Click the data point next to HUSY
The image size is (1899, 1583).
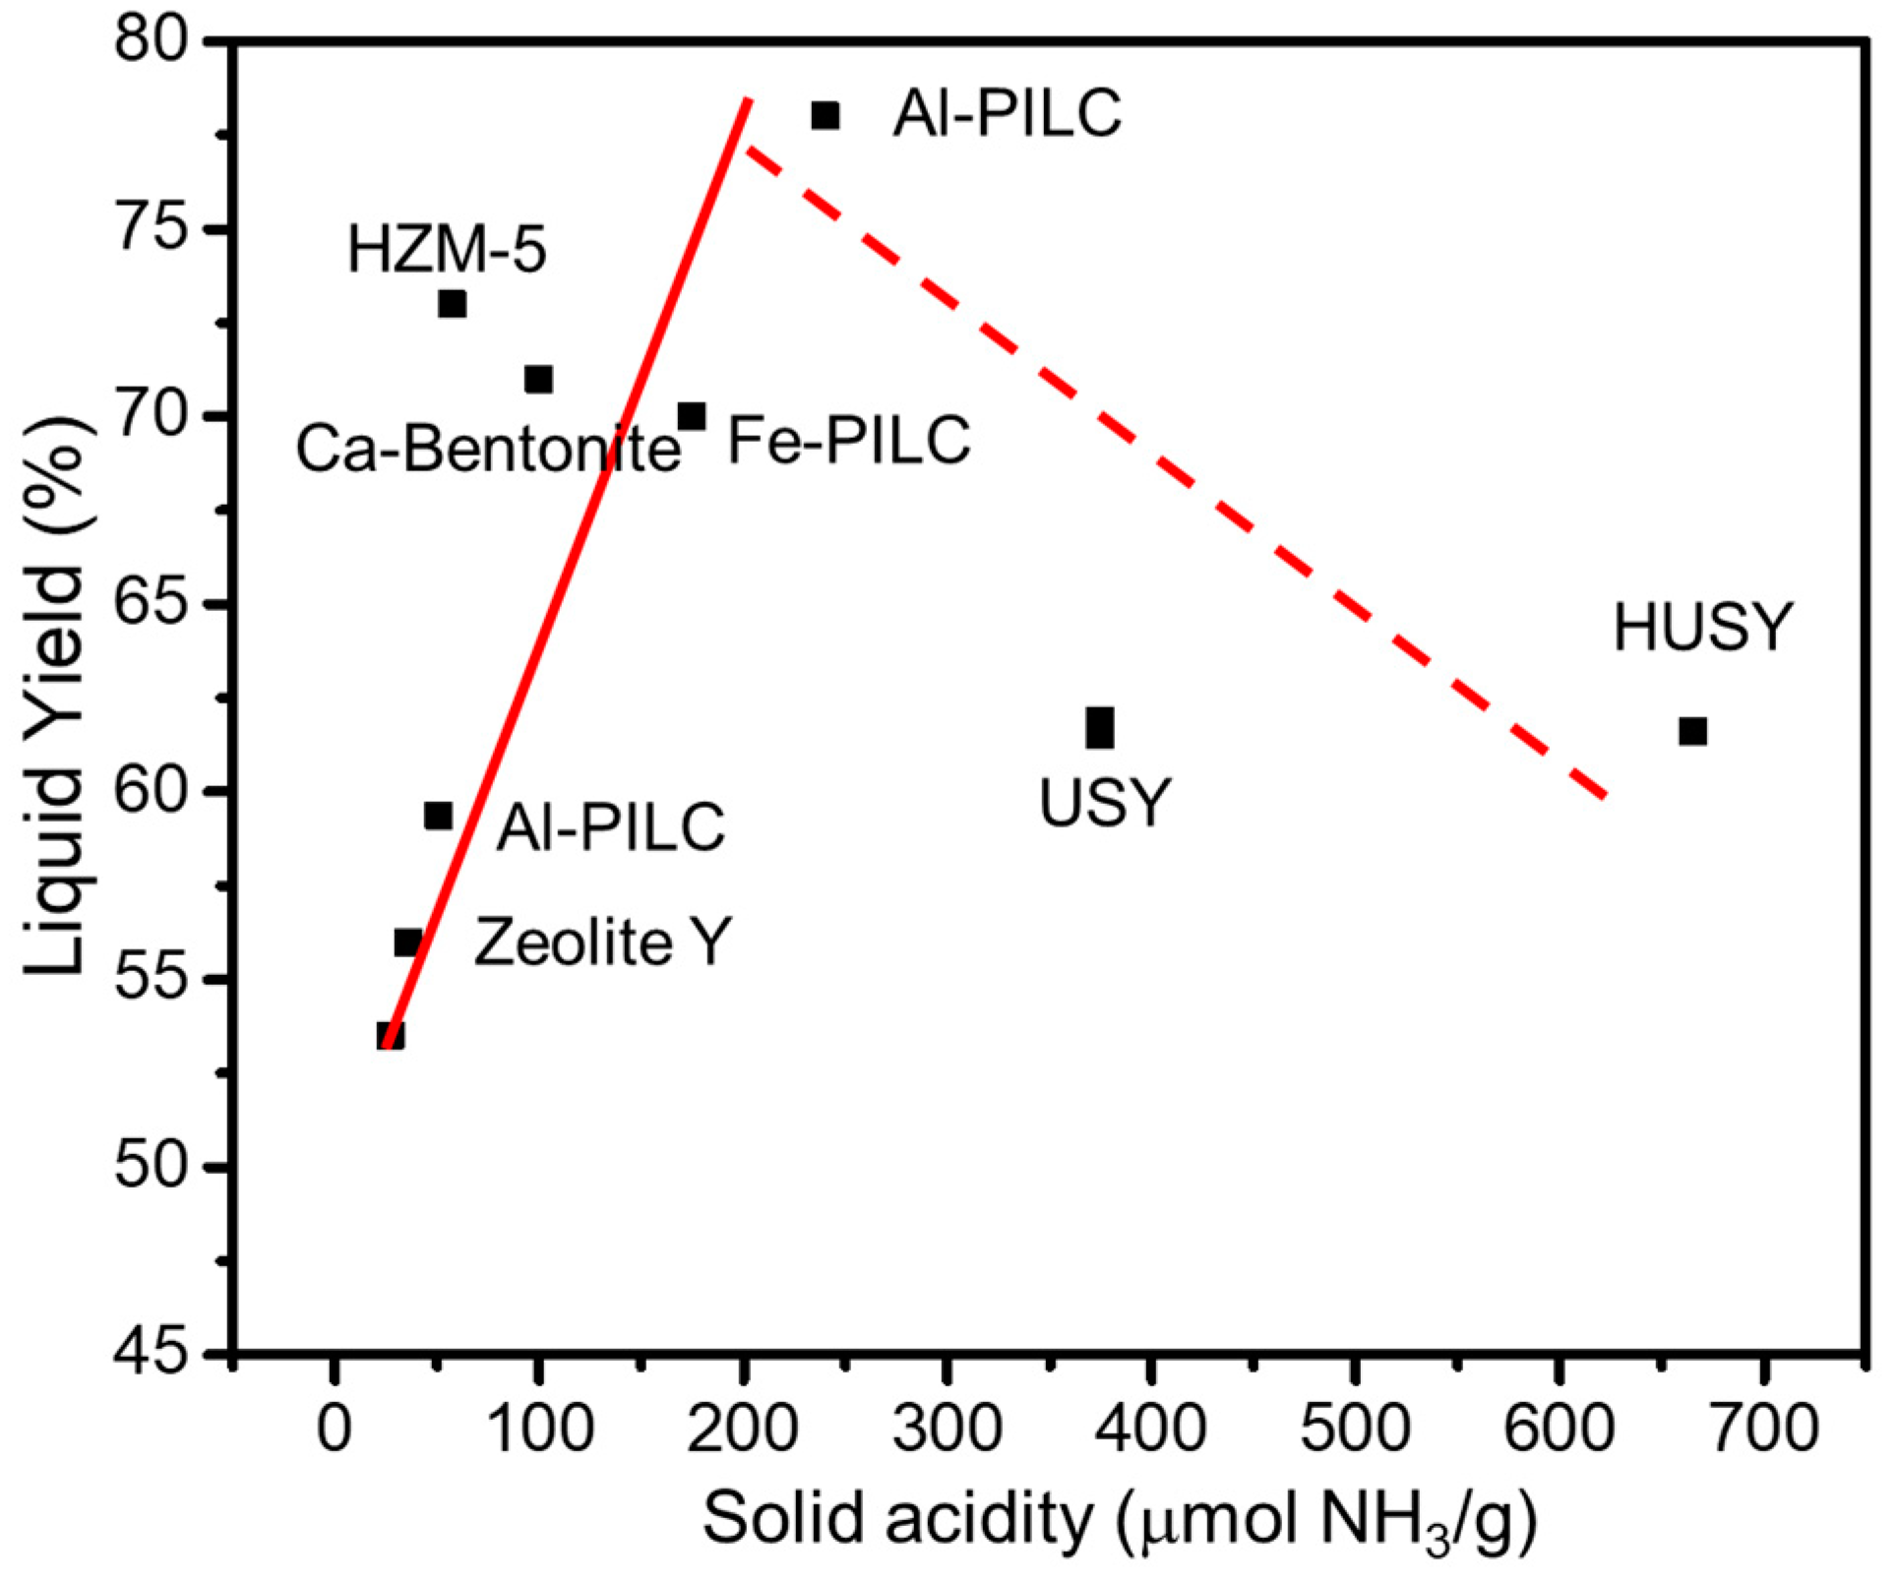[x=1692, y=732]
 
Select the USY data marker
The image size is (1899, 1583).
[x=1100, y=728]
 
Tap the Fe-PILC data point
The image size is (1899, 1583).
[x=692, y=417]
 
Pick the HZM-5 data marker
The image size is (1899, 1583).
[x=452, y=304]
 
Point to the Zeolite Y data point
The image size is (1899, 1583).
[x=407, y=943]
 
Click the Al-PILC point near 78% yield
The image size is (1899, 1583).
[x=826, y=115]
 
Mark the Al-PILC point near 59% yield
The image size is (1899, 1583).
[x=438, y=816]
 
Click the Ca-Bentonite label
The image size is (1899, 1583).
[x=488, y=450]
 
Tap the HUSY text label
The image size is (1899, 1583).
[x=1702, y=627]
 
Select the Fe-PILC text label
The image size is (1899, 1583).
[x=848, y=440]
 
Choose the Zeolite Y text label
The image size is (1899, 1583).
[x=602, y=943]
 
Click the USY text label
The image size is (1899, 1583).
[x=1105, y=802]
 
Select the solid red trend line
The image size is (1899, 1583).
[x=571, y=571]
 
